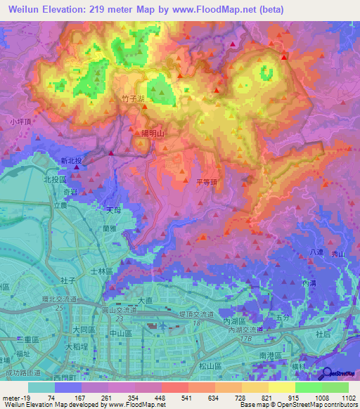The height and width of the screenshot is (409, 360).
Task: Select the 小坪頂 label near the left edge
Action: tap(21, 121)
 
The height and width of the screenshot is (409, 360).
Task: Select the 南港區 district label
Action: tap(271, 356)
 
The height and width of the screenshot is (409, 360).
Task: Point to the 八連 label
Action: tap(316, 251)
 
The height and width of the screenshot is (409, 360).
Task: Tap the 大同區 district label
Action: tap(84, 328)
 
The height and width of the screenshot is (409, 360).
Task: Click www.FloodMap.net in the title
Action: tap(223, 10)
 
